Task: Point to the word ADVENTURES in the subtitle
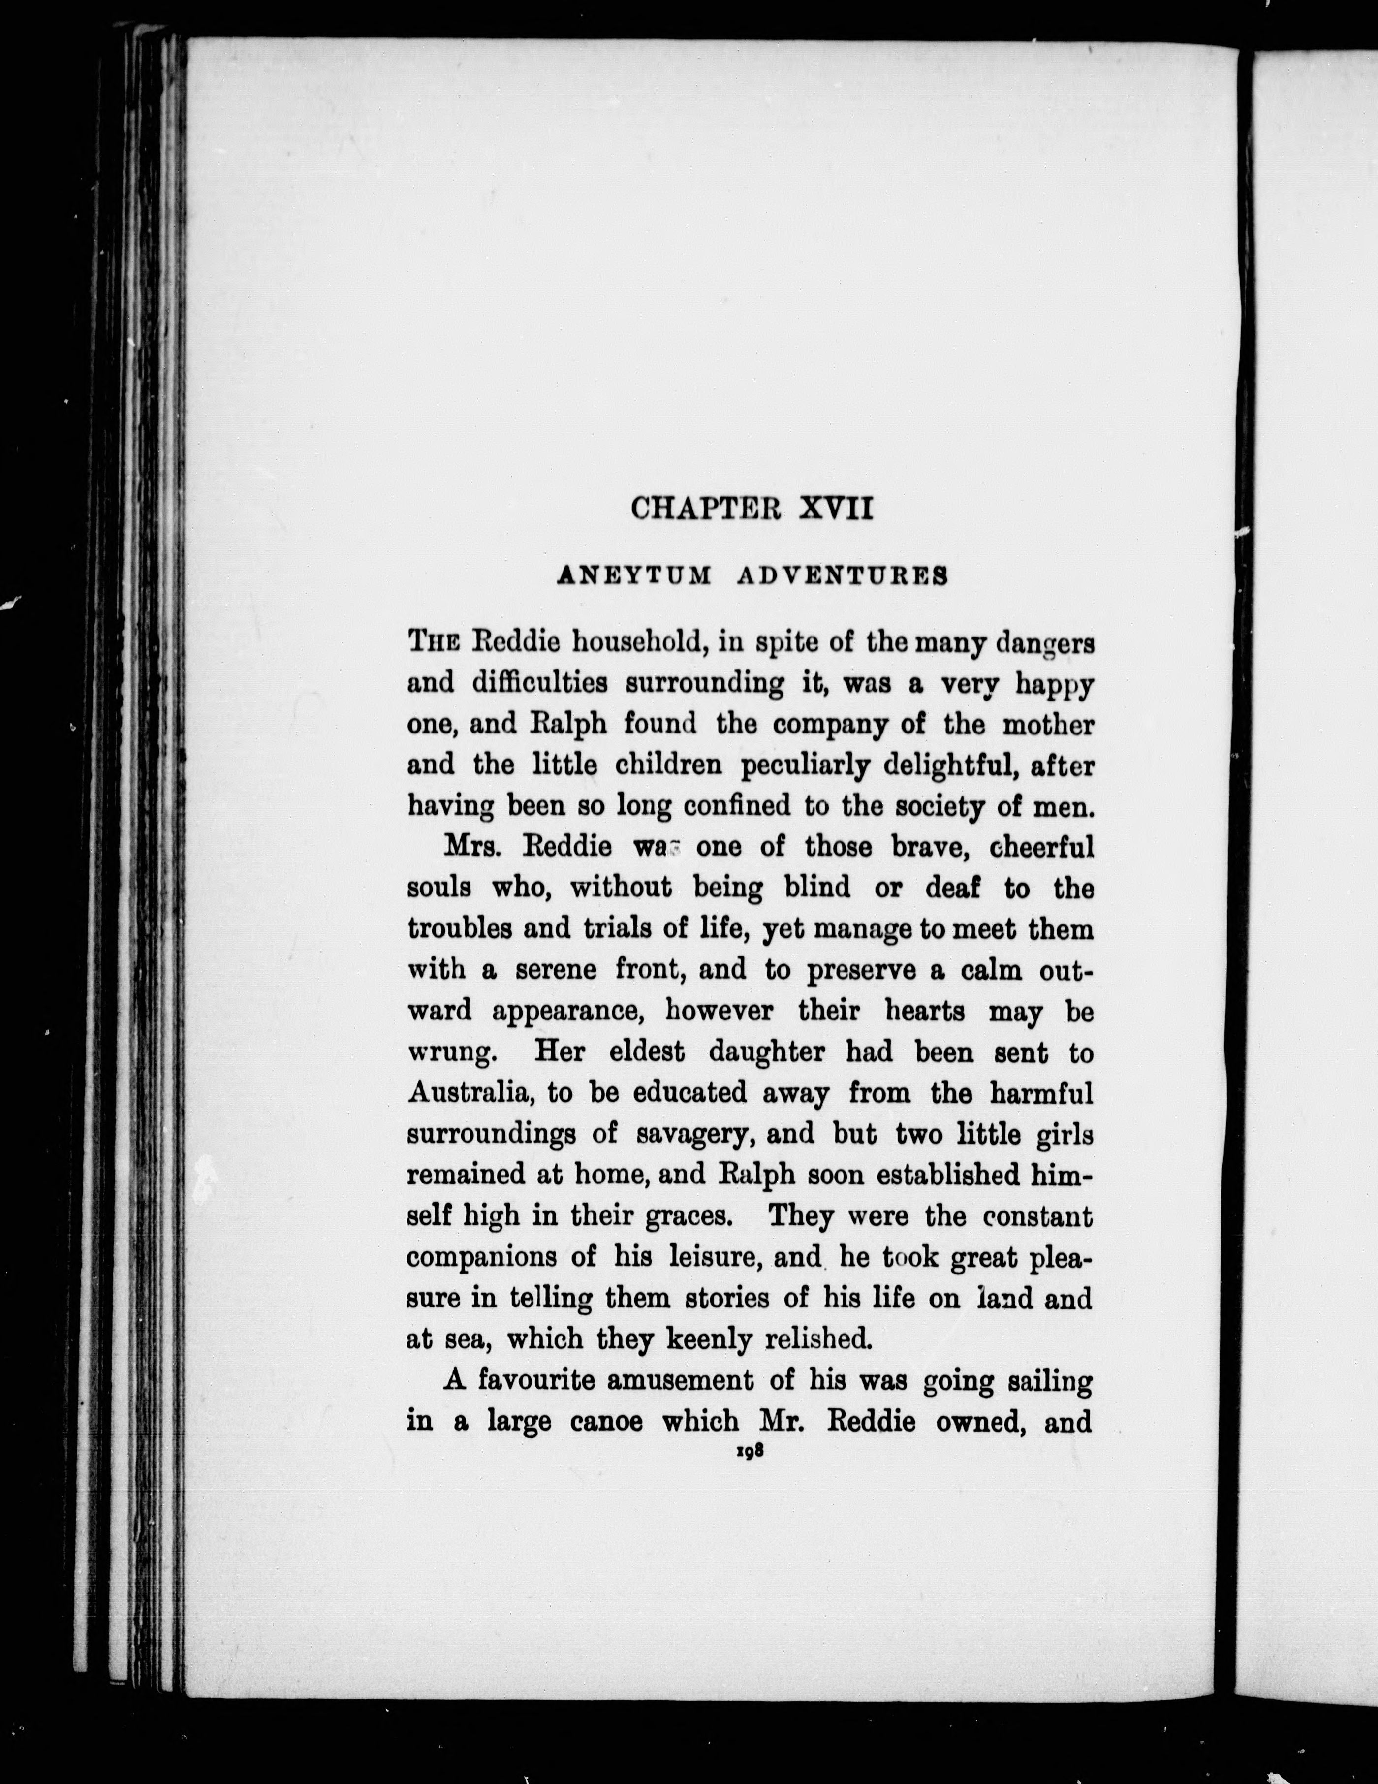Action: click(x=842, y=576)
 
